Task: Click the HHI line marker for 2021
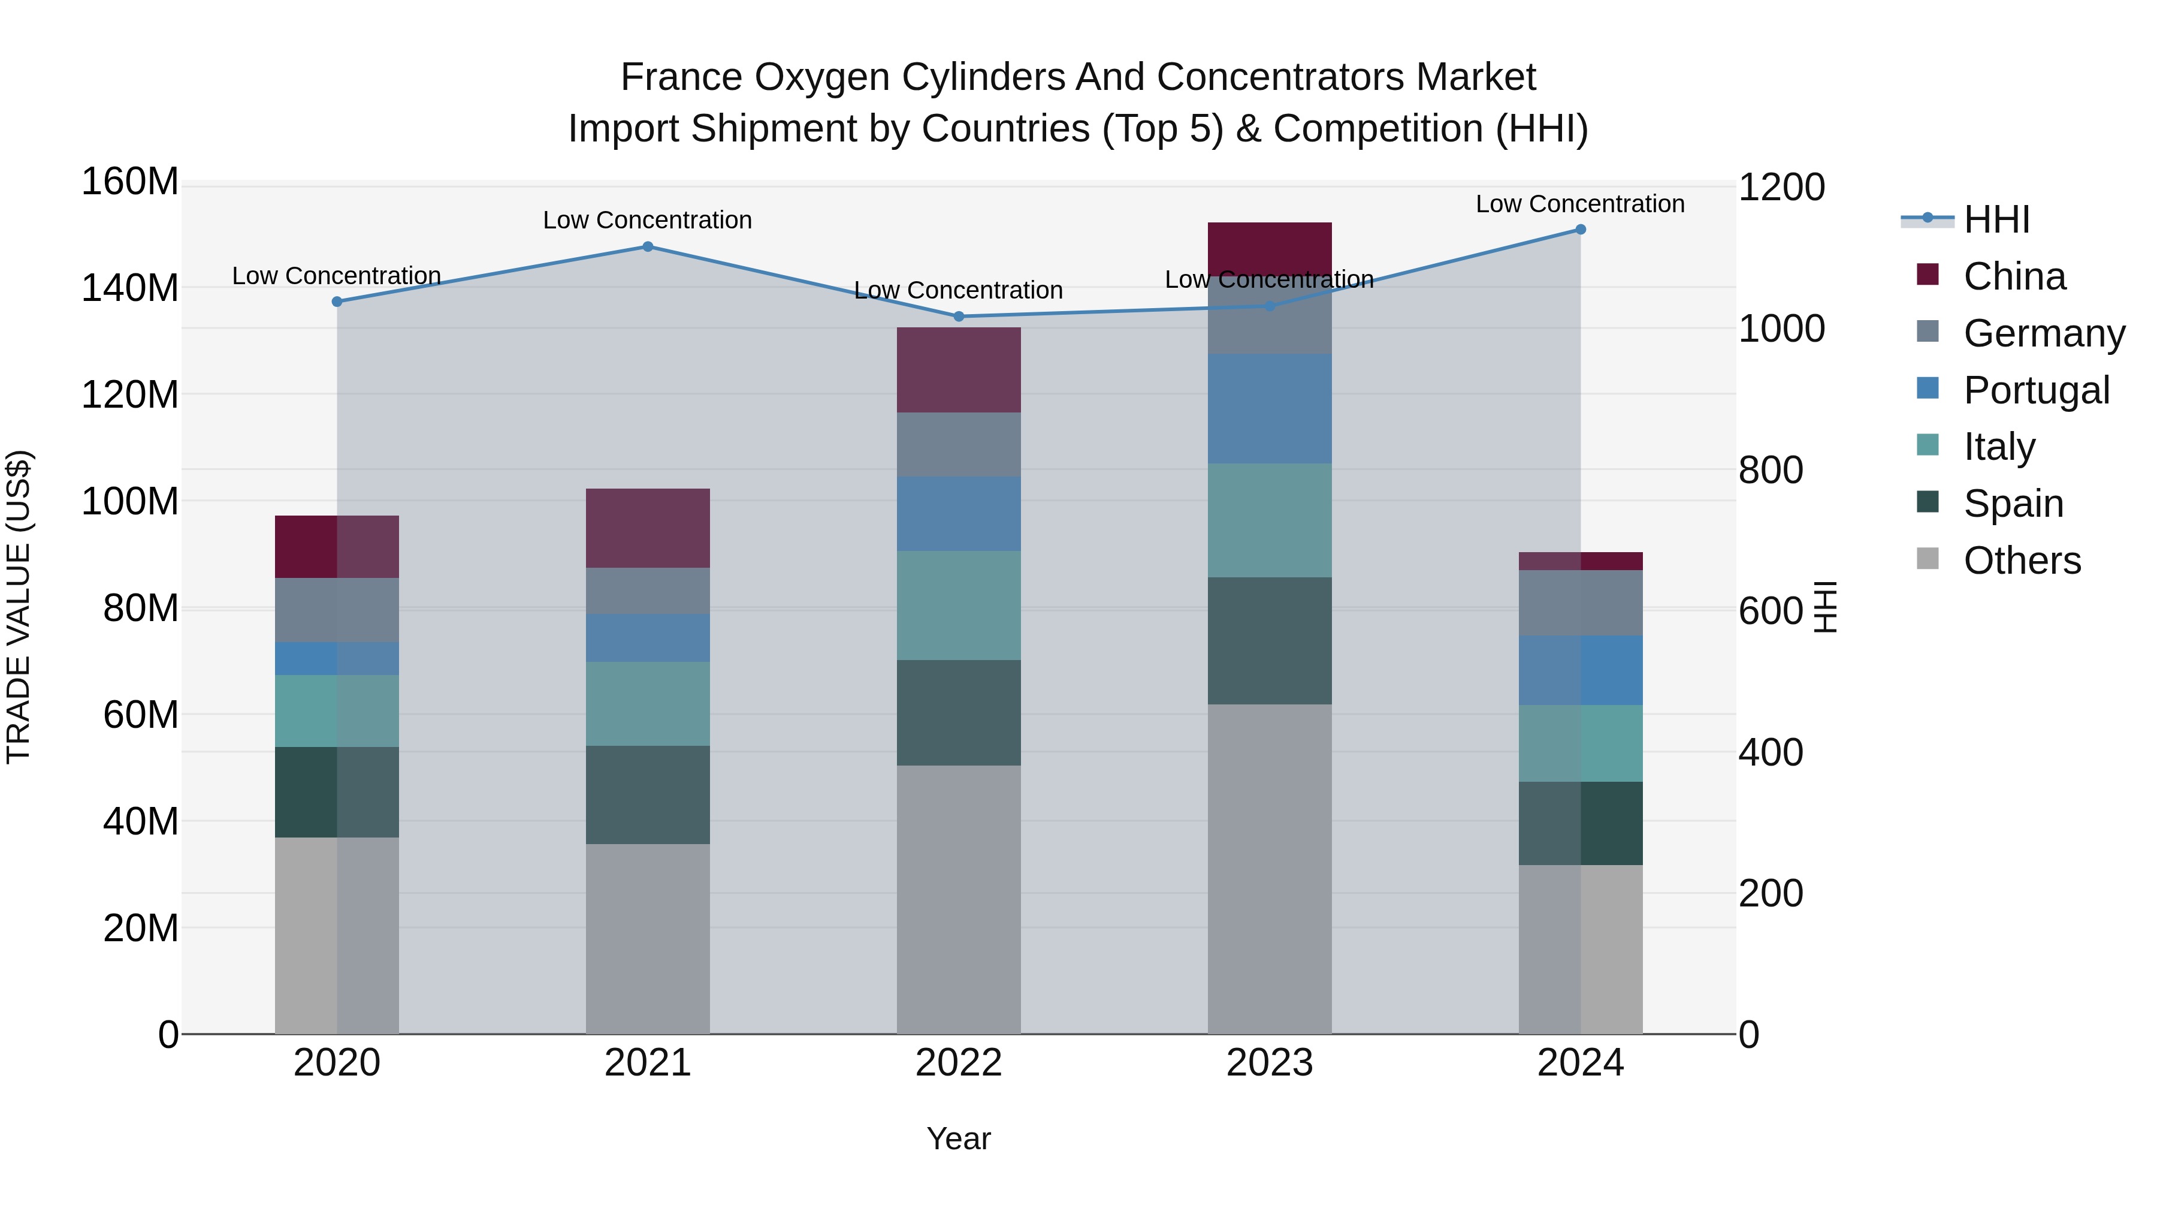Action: (647, 246)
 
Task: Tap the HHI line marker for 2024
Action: (1580, 229)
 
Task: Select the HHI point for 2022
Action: (959, 317)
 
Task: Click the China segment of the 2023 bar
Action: (1270, 248)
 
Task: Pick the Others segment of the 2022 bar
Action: (959, 899)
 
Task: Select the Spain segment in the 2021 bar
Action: (647, 794)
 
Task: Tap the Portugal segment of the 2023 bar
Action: (1270, 408)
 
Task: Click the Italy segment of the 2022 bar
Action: (959, 605)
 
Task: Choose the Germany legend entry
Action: (2044, 333)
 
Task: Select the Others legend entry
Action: (2022, 561)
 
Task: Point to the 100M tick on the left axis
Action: (130, 501)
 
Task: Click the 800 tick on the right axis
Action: (1770, 470)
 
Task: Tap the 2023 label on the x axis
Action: (1270, 1063)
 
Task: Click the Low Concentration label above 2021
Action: (647, 221)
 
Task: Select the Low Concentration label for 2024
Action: (1579, 204)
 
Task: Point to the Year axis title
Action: (959, 1138)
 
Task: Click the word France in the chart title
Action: (682, 77)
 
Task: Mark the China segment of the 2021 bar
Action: (647, 528)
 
